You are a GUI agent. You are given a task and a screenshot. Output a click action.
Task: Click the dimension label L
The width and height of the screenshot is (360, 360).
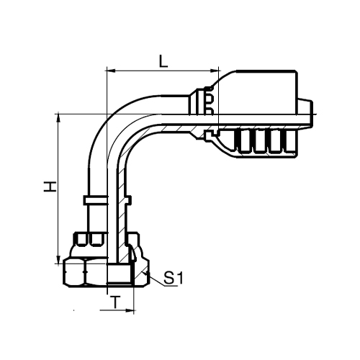[163, 61]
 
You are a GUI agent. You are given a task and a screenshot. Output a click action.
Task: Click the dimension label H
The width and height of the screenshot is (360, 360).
[50, 186]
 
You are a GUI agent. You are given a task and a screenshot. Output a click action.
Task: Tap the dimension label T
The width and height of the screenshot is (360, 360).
[116, 302]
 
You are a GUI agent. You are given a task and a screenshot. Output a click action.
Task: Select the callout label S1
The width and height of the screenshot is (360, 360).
[173, 278]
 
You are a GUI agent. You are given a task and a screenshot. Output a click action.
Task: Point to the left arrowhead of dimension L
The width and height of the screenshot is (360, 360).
[110, 71]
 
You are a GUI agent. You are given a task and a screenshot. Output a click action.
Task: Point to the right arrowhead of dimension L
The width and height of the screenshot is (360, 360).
[215, 71]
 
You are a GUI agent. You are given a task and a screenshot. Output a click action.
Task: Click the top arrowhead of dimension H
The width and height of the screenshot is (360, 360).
[58, 119]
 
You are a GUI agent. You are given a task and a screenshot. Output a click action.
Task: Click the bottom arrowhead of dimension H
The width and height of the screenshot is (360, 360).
[58, 259]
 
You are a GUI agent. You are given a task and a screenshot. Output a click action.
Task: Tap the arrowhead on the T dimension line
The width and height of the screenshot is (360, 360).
[130, 310]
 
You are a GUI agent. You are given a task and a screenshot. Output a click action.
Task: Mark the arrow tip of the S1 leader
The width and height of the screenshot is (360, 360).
[143, 272]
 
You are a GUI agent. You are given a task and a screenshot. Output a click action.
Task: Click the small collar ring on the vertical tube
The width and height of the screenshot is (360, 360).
[96, 200]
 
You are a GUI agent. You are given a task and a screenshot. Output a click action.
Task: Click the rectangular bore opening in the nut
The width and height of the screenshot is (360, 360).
[120, 273]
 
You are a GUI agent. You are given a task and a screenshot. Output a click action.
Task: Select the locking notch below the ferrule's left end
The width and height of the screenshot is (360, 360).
[210, 135]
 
